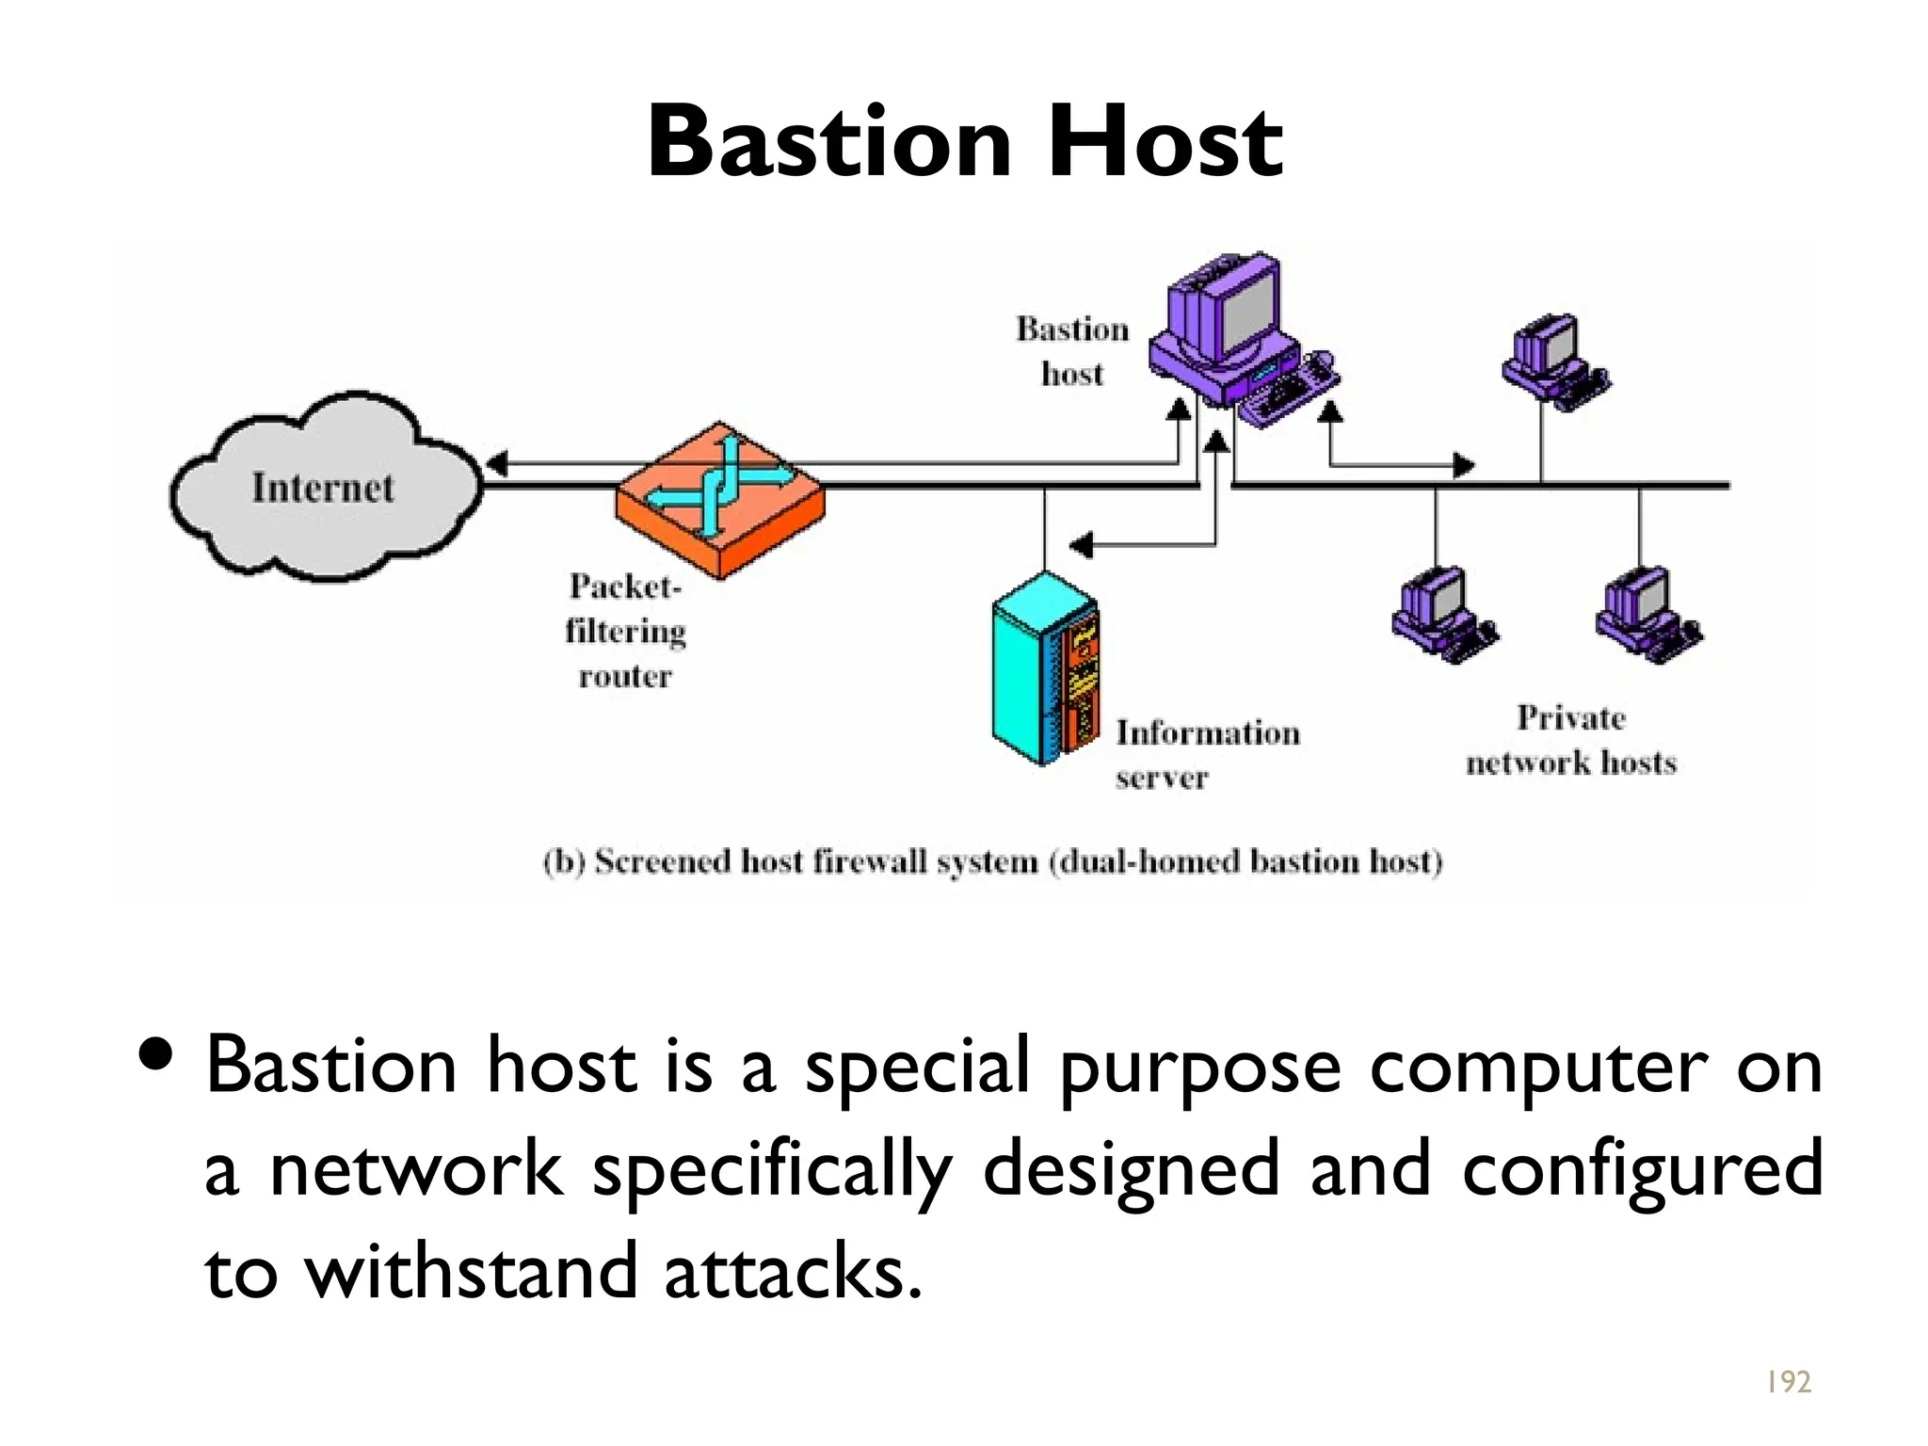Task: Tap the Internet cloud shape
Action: pyautogui.click(x=325, y=487)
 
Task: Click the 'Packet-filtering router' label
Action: pyautogui.click(x=625, y=631)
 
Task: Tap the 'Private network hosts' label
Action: pyautogui.click(x=1570, y=740)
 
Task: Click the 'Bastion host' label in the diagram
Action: pyautogui.click(x=1072, y=351)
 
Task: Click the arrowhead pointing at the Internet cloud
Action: pyautogui.click(x=496, y=463)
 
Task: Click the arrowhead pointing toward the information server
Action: pyautogui.click(x=1081, y=544)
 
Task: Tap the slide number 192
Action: pyautogui.click(x=1787, y=1381)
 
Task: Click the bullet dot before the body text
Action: pyautogui.click(x=155, y=1054)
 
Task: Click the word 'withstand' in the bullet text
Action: pyautogui.click(x=472, y=1271)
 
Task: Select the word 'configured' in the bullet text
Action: pyautogui.click(x=1643, y=1168)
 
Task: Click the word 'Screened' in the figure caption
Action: pyautogui.click(x=662, y=861)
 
